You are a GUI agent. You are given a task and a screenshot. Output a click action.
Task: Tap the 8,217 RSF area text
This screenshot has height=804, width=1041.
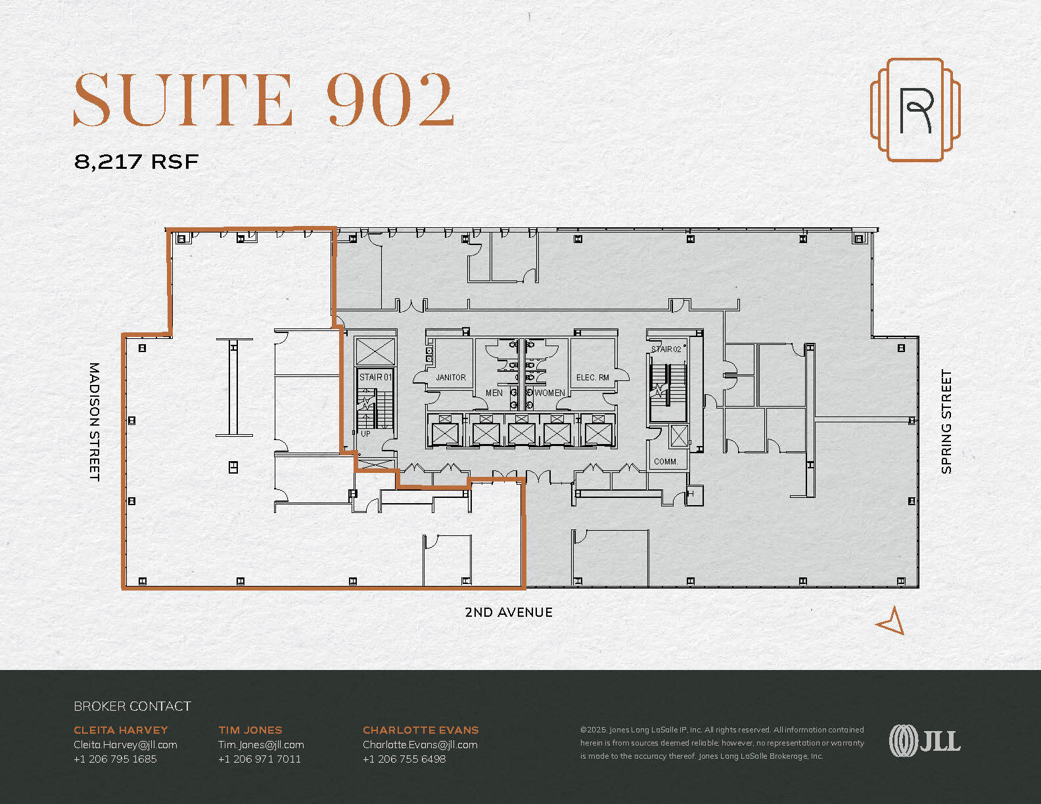pyautogui.click(x=136, y=162)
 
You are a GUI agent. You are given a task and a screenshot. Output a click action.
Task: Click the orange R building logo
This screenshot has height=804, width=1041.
pyautogui.click(x=915, y=110)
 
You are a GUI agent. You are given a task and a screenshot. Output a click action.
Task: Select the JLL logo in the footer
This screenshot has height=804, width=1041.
pyautogui.click(x=925, y=741)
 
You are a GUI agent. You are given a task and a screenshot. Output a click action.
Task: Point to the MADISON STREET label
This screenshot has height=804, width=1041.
pyautogui.click(x=95, y=422)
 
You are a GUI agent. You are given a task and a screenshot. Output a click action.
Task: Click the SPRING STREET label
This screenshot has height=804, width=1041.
pyautogui.click(x=946, y=422)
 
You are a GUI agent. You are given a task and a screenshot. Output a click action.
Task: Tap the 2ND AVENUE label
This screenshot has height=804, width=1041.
pyautogui.click(x=508, y=612)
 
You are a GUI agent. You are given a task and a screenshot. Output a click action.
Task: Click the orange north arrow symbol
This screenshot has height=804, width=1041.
pyautogui.click(x=892, y=621)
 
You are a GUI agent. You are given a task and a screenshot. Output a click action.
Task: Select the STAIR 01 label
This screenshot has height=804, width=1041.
pyautogui.click(x=375, y=377)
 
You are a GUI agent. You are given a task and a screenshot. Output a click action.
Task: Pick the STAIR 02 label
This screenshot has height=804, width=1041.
pyautogui.click(x=666, y=349)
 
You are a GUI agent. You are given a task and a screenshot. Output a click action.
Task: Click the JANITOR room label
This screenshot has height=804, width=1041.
pyautogui.click(x=451, y=378)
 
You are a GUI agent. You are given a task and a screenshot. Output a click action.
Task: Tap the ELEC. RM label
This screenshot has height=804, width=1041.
pyautogui.click(x=593, y=378)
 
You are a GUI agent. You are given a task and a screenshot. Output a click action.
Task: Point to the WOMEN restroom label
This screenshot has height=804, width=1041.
pyautogui.click(x=549, y=393)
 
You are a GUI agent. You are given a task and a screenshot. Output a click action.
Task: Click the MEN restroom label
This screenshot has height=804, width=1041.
pyautogui.click(x=494, y=393)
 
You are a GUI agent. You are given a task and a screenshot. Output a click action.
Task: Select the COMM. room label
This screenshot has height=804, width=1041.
pyautogui.click(x=666, y=462)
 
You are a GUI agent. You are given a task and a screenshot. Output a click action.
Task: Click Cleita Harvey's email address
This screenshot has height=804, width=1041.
pyautogui.click(x=126, y=745)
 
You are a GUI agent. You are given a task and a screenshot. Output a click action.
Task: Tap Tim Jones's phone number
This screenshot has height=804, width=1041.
pyautogui.click(x=260, y=759)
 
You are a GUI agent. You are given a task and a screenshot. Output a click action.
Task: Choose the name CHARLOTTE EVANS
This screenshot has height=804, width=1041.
pyautogui.click(x=421, y=730)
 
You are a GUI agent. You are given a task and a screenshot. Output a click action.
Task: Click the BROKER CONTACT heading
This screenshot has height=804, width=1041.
pyautogui.click(x=132, y=706)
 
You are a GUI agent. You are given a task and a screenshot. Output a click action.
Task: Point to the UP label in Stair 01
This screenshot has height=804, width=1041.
pyautogui.click(x=365, y=434)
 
